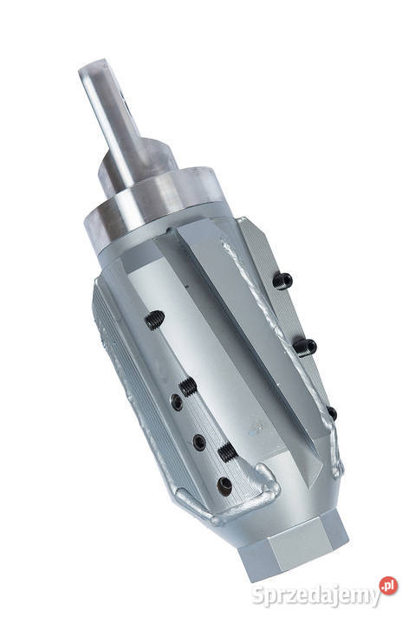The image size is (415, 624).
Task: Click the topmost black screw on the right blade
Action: coord(282,279)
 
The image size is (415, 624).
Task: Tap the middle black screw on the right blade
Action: coord(304,347)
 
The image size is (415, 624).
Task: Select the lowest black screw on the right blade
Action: coord(331,413)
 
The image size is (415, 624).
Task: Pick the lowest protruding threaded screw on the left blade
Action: coord(225,452)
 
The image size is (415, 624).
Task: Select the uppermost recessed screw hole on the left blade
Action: coord(177,402)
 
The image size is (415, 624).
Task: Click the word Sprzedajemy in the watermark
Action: coord(316,595)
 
